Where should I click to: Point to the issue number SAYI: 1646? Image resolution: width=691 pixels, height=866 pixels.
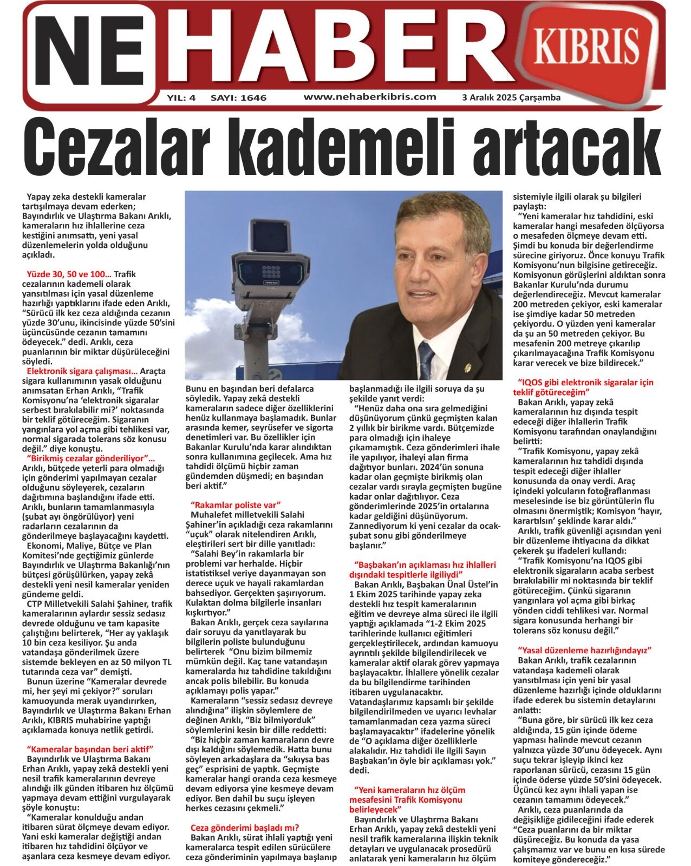point(238,98)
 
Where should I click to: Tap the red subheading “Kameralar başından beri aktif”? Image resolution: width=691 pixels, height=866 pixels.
point(90,749)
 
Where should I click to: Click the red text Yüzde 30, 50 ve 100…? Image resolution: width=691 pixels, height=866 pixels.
point(69,274)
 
